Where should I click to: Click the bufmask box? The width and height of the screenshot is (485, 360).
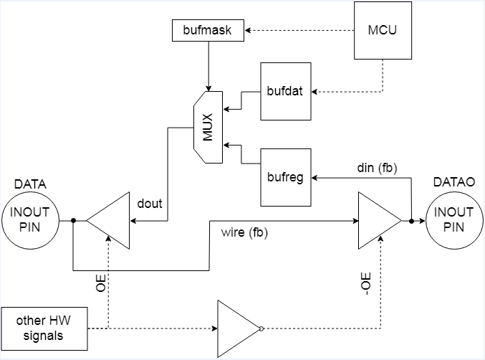(x=208, y=30)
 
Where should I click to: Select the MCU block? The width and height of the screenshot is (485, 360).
(x=383, y=30)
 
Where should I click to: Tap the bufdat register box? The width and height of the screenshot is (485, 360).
(x=286, y=91)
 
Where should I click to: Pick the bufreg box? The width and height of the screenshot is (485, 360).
(x=286, y=177)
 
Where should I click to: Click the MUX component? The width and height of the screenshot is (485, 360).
(x=208, y=127)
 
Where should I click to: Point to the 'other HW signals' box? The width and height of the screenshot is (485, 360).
(x=44, y=328)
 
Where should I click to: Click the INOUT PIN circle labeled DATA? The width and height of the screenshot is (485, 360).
(x=30, y=220)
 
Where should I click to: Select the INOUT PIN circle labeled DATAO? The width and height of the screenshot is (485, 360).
(x=454, y=220)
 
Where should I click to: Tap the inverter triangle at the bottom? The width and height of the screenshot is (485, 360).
(x=239, y=328)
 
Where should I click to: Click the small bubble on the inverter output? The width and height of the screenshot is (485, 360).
(x=261, y=328)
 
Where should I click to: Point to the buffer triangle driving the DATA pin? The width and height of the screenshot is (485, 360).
(x=107, y=220)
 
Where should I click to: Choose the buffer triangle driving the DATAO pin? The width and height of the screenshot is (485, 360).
(x=380, y=220)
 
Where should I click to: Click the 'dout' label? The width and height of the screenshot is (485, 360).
(x=150, y=204)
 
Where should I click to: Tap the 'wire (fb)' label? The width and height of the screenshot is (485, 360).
(x=244, y=232)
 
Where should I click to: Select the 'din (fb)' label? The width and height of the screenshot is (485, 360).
(x=377, y=168)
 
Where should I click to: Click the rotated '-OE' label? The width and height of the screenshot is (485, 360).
(x=366, y=283)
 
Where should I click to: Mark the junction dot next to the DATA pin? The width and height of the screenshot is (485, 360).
(x=73, y=220)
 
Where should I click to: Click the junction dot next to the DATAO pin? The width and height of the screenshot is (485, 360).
(x=411, y=221)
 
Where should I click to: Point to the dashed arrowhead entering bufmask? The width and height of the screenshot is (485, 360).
(x=247, y=30)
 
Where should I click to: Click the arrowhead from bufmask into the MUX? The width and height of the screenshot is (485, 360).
(x=208, y=88)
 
